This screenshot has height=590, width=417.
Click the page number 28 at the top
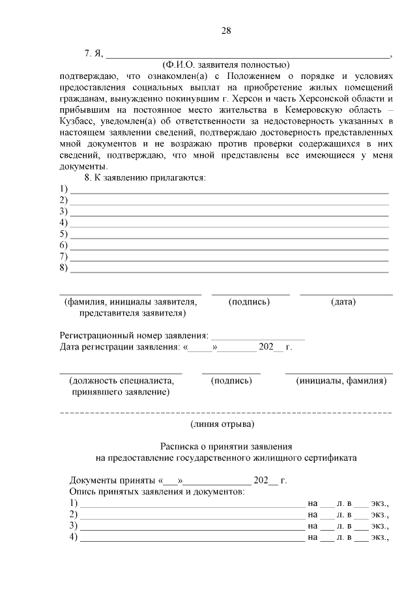[226, 31]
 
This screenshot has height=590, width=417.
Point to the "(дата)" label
[343, 302]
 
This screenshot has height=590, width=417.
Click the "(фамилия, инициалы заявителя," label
[130, 302]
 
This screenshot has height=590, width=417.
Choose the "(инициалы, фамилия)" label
[341, 381]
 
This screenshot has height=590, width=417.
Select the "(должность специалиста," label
[121, 381]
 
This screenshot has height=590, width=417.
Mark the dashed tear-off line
[225, 413]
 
